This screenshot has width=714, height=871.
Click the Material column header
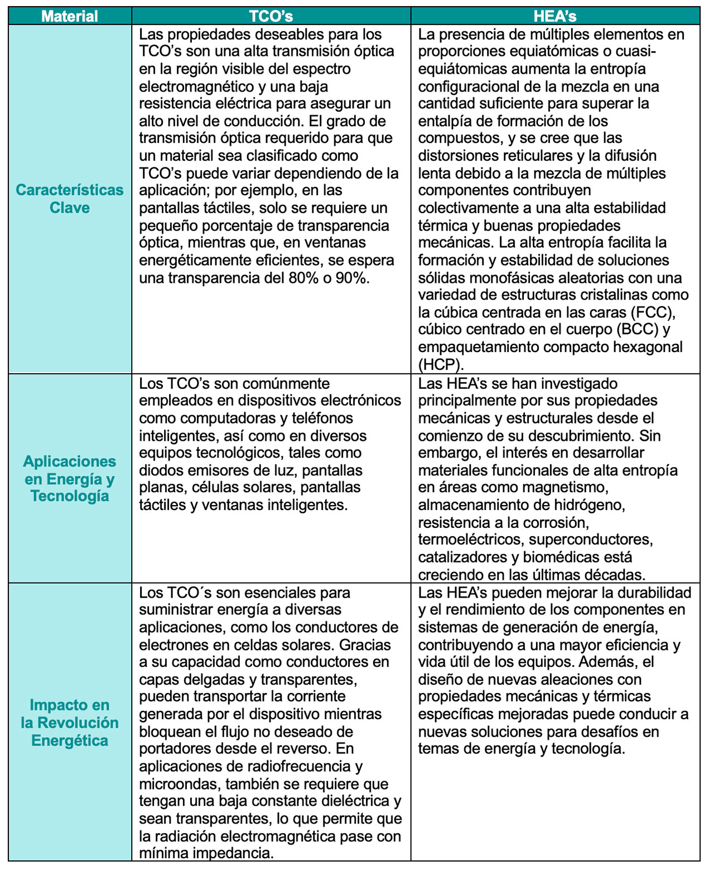click(70, 16)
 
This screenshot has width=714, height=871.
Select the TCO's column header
click(271, 16)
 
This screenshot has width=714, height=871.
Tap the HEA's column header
click(554, 16)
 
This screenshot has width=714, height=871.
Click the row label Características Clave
click(70, 199)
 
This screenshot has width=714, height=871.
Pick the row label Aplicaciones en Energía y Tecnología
click(70, 479)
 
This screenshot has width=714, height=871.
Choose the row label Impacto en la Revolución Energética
click(70, 723)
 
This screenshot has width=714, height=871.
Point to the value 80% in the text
click(303, 278)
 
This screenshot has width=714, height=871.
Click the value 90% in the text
click(352, 278)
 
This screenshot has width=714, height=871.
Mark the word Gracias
click(365, 645)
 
